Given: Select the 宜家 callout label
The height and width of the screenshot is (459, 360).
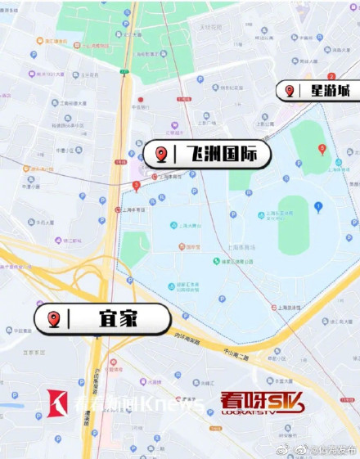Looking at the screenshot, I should pos(101,318).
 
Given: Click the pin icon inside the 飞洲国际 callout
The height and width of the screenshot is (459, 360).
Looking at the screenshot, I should pos(162,154).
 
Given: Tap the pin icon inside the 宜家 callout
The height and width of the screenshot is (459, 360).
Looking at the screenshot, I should pos(54,318).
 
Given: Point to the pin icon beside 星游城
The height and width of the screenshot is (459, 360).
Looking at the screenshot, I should pos(290,90).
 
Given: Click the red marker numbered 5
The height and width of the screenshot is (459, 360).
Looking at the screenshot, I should pos(322,148).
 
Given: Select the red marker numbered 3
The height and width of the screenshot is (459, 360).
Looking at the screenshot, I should pos(136,185).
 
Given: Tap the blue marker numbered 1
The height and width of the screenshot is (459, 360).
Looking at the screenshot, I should pos(318,206).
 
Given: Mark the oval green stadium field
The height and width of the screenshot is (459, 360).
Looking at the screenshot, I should pos(293,225).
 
